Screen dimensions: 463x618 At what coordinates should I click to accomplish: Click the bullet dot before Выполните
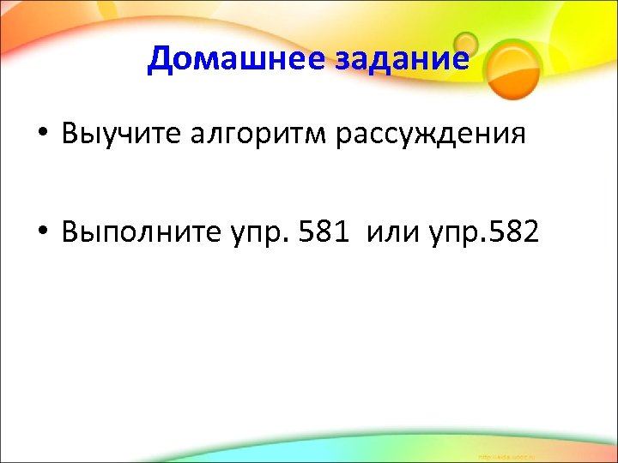pos(40,231)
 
